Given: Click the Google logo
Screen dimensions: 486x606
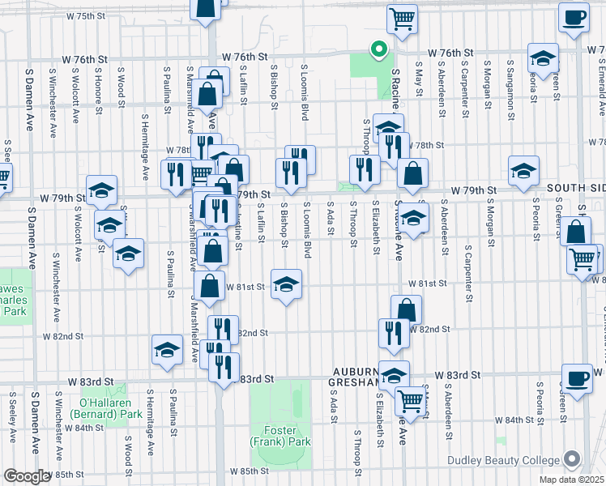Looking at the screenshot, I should click(27, 476).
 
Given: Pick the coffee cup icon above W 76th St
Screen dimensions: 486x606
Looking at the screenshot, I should click(574, 18).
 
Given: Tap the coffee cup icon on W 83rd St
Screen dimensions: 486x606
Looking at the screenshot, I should click(577, 378).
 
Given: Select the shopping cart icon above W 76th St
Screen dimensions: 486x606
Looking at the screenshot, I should click(401, 19).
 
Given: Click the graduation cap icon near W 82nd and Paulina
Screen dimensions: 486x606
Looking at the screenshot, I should click(167, 350).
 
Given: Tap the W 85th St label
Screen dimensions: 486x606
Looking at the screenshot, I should click(249, 471).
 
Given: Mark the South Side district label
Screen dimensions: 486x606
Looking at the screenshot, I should click(575, 188).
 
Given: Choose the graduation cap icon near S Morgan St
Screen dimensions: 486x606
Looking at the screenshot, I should click(523, 171).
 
